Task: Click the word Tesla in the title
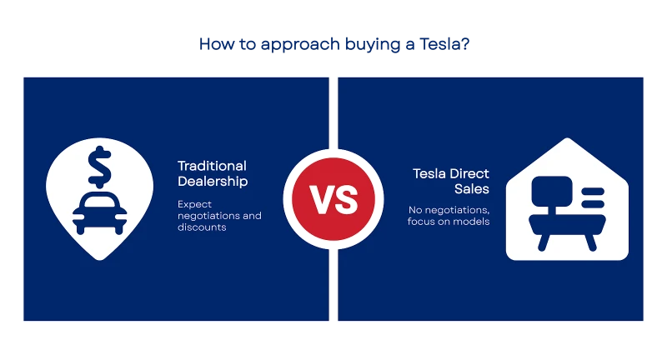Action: [440, 44]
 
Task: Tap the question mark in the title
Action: [465, 44]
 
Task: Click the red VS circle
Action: [333, 199]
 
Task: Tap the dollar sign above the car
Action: [99, 167]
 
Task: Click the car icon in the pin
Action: [99, 213]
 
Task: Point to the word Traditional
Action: [212, 166]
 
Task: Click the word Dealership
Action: [213, 182]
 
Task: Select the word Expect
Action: [194, 205]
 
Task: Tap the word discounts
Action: [202, 227]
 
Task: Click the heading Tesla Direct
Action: [451, 173]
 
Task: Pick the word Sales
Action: [472, 188]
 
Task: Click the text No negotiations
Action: [449, 210]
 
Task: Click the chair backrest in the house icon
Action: [552, 192]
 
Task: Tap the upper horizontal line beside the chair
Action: [593, 192]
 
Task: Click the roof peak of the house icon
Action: [567, 138]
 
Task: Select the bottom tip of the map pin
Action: [100, 259]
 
